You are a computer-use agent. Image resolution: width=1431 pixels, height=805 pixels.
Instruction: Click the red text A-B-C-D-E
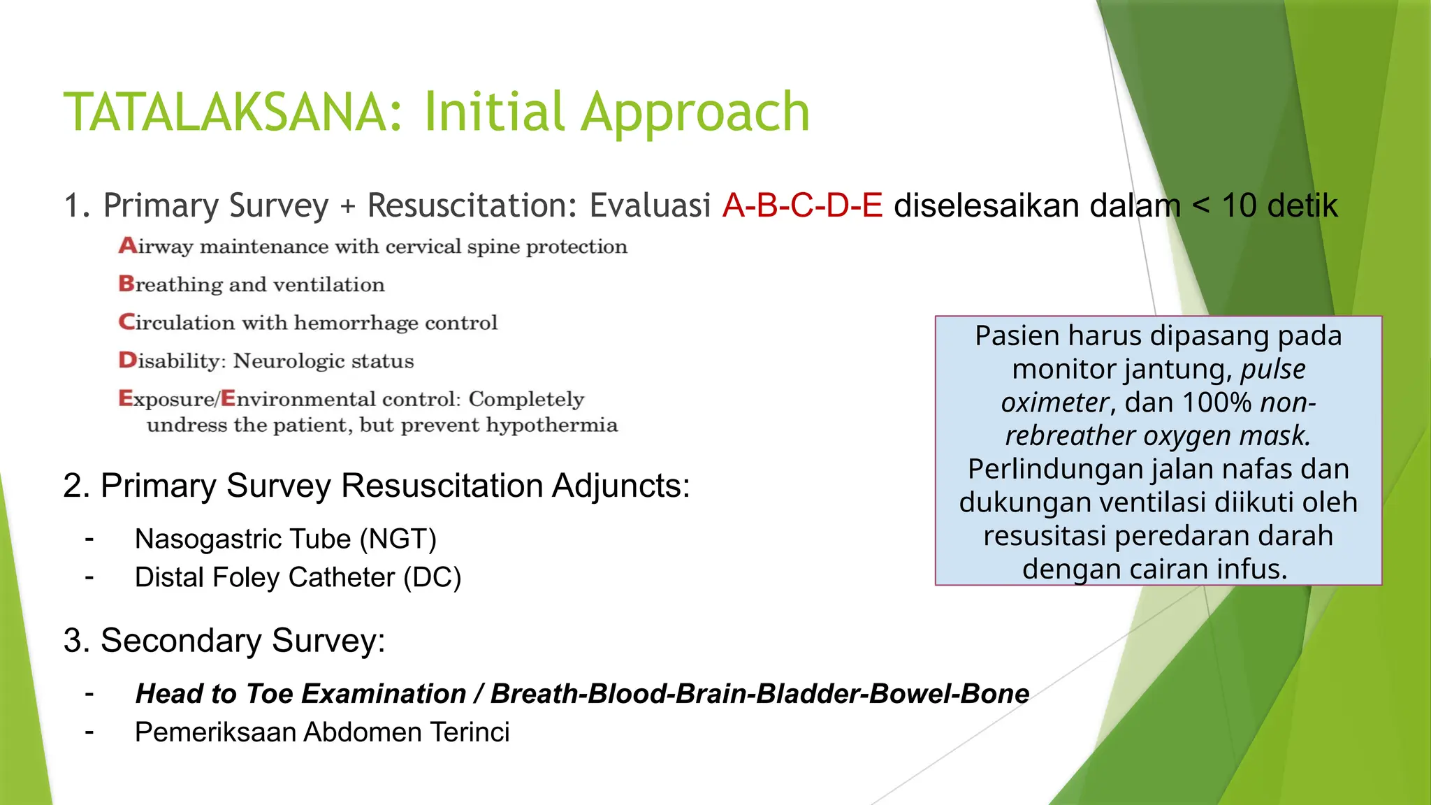(x=802, y=205)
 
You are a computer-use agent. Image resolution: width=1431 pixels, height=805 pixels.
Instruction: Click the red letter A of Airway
(x=127, y=245)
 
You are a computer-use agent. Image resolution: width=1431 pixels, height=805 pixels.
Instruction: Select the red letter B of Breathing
(x=126, y=284)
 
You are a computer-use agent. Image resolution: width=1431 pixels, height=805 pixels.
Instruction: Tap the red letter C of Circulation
(x=126, y=321)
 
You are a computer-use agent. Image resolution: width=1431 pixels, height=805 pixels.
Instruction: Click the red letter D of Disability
(x=127, y=360)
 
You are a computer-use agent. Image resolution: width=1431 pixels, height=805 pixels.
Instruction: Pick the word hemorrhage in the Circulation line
(x=356, y=323)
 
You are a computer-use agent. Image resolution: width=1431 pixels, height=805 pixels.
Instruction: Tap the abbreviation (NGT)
(x=398, y=539)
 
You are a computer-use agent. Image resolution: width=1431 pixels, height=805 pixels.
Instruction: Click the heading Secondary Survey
(x=224, y=641)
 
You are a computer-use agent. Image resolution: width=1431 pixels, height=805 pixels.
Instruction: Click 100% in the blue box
(x=1216, y=402)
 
